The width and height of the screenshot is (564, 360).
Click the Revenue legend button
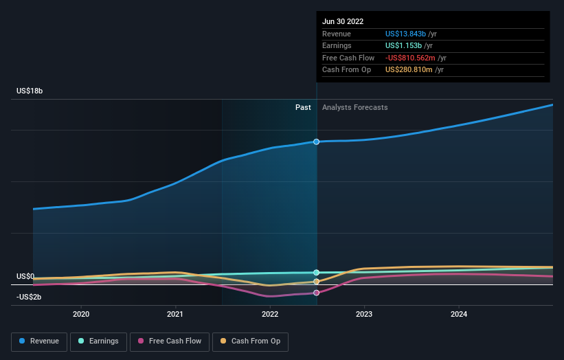39,341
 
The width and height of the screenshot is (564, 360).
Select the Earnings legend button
98,341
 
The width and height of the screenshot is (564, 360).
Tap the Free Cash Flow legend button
169,341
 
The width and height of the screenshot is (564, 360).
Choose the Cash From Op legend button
251,341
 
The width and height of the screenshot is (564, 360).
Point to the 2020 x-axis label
81,314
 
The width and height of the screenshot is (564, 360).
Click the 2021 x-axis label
175,314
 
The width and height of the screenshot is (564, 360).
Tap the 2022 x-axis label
270,314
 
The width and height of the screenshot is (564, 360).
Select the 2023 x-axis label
364,314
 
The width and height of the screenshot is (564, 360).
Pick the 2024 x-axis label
459,314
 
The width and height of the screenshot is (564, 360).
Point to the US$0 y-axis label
25,276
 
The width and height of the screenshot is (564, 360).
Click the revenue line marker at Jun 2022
317,142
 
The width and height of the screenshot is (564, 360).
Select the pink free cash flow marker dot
317,293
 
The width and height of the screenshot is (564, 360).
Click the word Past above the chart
303,107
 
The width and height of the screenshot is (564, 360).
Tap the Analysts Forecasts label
354,107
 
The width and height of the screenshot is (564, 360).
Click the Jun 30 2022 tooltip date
343,21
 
